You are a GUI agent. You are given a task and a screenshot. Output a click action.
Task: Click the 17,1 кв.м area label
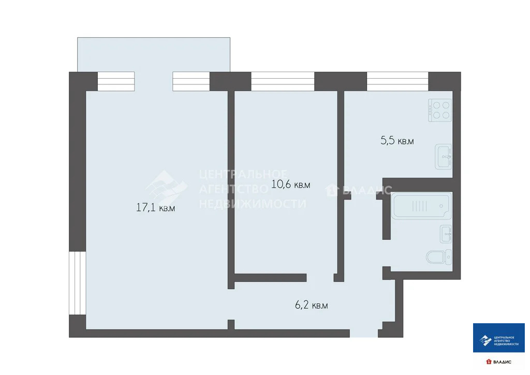coord(155,208)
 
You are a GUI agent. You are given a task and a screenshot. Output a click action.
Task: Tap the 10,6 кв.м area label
coord(290,184)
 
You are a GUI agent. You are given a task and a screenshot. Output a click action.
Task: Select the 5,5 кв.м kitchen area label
coord(397,140)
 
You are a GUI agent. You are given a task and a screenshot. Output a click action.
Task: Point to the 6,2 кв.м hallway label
coord(312,306)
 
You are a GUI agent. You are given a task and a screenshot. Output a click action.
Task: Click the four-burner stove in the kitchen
coord(440,110)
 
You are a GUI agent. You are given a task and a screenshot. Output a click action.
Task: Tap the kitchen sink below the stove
coord(444,156)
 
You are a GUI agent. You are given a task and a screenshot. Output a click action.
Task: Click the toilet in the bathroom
coord(438,256)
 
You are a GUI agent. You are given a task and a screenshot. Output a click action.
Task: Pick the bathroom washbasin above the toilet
coord(446,234)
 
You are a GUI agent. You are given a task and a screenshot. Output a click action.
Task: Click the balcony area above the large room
coord(153,54)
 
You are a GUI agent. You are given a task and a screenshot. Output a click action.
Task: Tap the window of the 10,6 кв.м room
coord(283,81)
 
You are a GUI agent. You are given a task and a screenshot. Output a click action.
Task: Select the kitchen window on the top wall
coord(397,81)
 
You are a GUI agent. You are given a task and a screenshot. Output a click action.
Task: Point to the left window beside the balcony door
coord(116,81)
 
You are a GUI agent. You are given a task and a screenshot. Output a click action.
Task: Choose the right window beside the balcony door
coord(191,81)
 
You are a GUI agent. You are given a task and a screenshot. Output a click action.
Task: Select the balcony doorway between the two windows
coord(153,81)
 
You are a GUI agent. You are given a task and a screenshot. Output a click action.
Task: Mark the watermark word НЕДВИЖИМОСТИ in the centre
coord(253,204)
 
